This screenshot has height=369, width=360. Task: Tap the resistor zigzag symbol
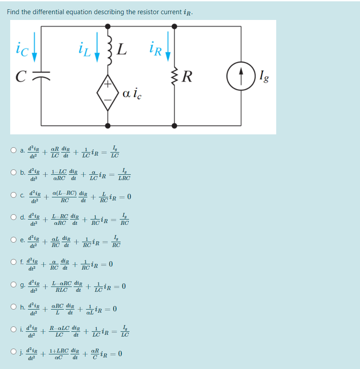coord(175,77)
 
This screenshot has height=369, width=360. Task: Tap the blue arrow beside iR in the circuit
coord(168,51)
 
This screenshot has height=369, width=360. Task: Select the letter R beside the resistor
coord(187,77)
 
